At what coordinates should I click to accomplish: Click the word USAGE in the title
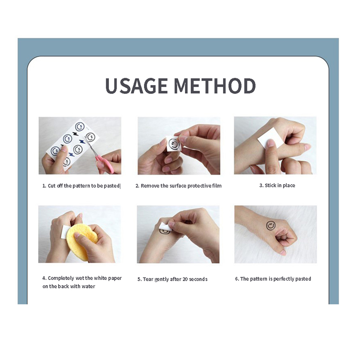click(136, 85)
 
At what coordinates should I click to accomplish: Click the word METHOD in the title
click(215, 85)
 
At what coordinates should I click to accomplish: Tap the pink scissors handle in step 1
click(106, 164)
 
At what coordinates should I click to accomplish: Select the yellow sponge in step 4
click(82, 242)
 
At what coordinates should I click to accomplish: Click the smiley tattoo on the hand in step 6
click(271, 226)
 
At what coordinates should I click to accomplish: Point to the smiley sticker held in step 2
click(174, 144)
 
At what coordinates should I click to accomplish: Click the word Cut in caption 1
click(52, 186)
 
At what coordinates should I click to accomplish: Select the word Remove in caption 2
click(150, 186)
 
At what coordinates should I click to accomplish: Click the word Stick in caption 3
click(270, 185)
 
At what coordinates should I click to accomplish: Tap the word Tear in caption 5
click(148, 279)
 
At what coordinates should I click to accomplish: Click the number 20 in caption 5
click(185, 279)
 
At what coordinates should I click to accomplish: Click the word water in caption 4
click(88, 286)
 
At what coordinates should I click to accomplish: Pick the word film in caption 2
click(217, 186)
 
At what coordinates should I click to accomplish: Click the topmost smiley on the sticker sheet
click(80, 126)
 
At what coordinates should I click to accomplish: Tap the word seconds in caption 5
click(198, 279)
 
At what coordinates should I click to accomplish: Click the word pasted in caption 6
click(303, 279)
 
